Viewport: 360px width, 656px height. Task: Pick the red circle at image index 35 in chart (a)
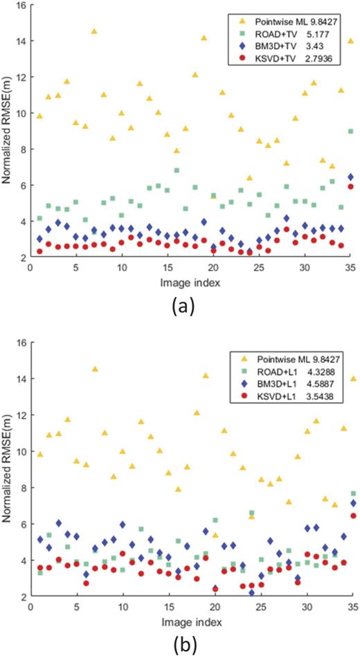click(x=351, y=186)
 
